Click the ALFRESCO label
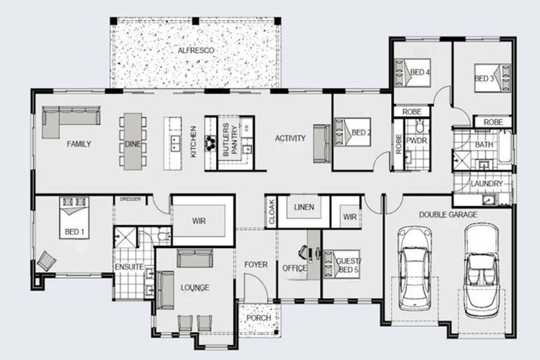point(195,51)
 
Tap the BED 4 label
point(420,72)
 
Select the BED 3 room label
point(484,78)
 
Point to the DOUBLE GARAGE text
point(448,214)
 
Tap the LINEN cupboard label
point(304,207)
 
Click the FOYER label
point(256,264)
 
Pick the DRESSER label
point(130,200)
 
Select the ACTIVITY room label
point(290,139)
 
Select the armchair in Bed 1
point(46,260)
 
